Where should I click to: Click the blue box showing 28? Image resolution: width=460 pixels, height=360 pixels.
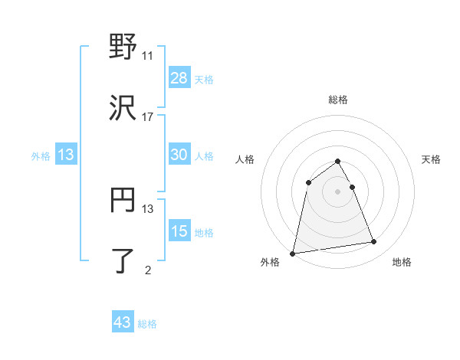click(x=179, y=78)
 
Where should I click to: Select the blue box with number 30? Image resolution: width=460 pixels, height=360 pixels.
click(x=179, y=155)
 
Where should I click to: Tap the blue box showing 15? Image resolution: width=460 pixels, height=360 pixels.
click(x=179, y=231)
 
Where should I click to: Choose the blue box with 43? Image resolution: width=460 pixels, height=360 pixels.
click(x=123, y=322)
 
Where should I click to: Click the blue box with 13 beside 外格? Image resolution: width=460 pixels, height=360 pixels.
click(x=66, y=155)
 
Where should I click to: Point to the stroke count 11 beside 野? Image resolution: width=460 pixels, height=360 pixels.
click(x=147, y=56)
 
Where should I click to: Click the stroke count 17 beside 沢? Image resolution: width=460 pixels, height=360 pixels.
click(x=147, y=117)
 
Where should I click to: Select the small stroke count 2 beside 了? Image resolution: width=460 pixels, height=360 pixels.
click(x=147, y=270)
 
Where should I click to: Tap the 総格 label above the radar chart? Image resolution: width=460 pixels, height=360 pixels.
click(x=338, y=100)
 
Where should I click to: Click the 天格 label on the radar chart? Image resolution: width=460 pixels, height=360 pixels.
click(x=431, y=159)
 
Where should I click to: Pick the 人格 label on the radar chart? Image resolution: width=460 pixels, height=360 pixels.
click(x=245, y=159)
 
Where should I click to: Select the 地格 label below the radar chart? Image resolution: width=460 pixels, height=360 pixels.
click(x=402, y=262)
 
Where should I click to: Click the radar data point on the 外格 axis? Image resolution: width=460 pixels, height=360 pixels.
click(x=293, y=253)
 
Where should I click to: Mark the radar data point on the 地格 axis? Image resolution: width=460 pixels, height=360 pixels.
click(x=373, y=242)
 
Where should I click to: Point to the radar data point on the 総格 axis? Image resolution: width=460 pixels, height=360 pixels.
click(x=338, y=162)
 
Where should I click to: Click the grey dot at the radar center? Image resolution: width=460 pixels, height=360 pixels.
click(x=338, y=191)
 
